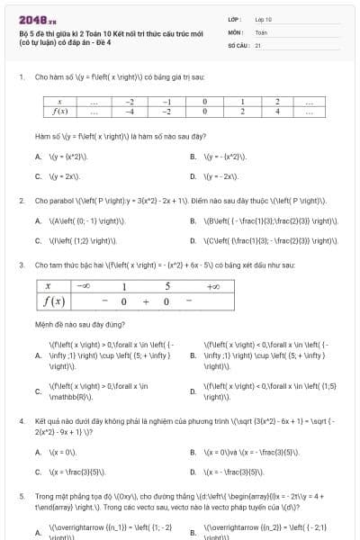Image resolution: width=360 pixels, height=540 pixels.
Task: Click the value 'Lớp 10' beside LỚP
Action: (262, 18)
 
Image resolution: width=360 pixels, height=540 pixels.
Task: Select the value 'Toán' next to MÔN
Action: (260, 31)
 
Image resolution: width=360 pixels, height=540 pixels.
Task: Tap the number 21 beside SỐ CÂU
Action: (257, 44)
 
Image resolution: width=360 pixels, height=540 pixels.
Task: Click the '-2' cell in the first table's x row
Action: (130, 103)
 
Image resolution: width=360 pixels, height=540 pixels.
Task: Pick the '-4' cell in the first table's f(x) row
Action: (130, 112)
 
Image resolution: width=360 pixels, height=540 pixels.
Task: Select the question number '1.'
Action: (21, 77)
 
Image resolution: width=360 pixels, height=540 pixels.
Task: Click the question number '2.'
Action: (21, 200)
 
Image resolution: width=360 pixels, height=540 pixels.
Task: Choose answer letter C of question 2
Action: (38, 241)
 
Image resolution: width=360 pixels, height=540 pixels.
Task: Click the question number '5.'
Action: (21, 495)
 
